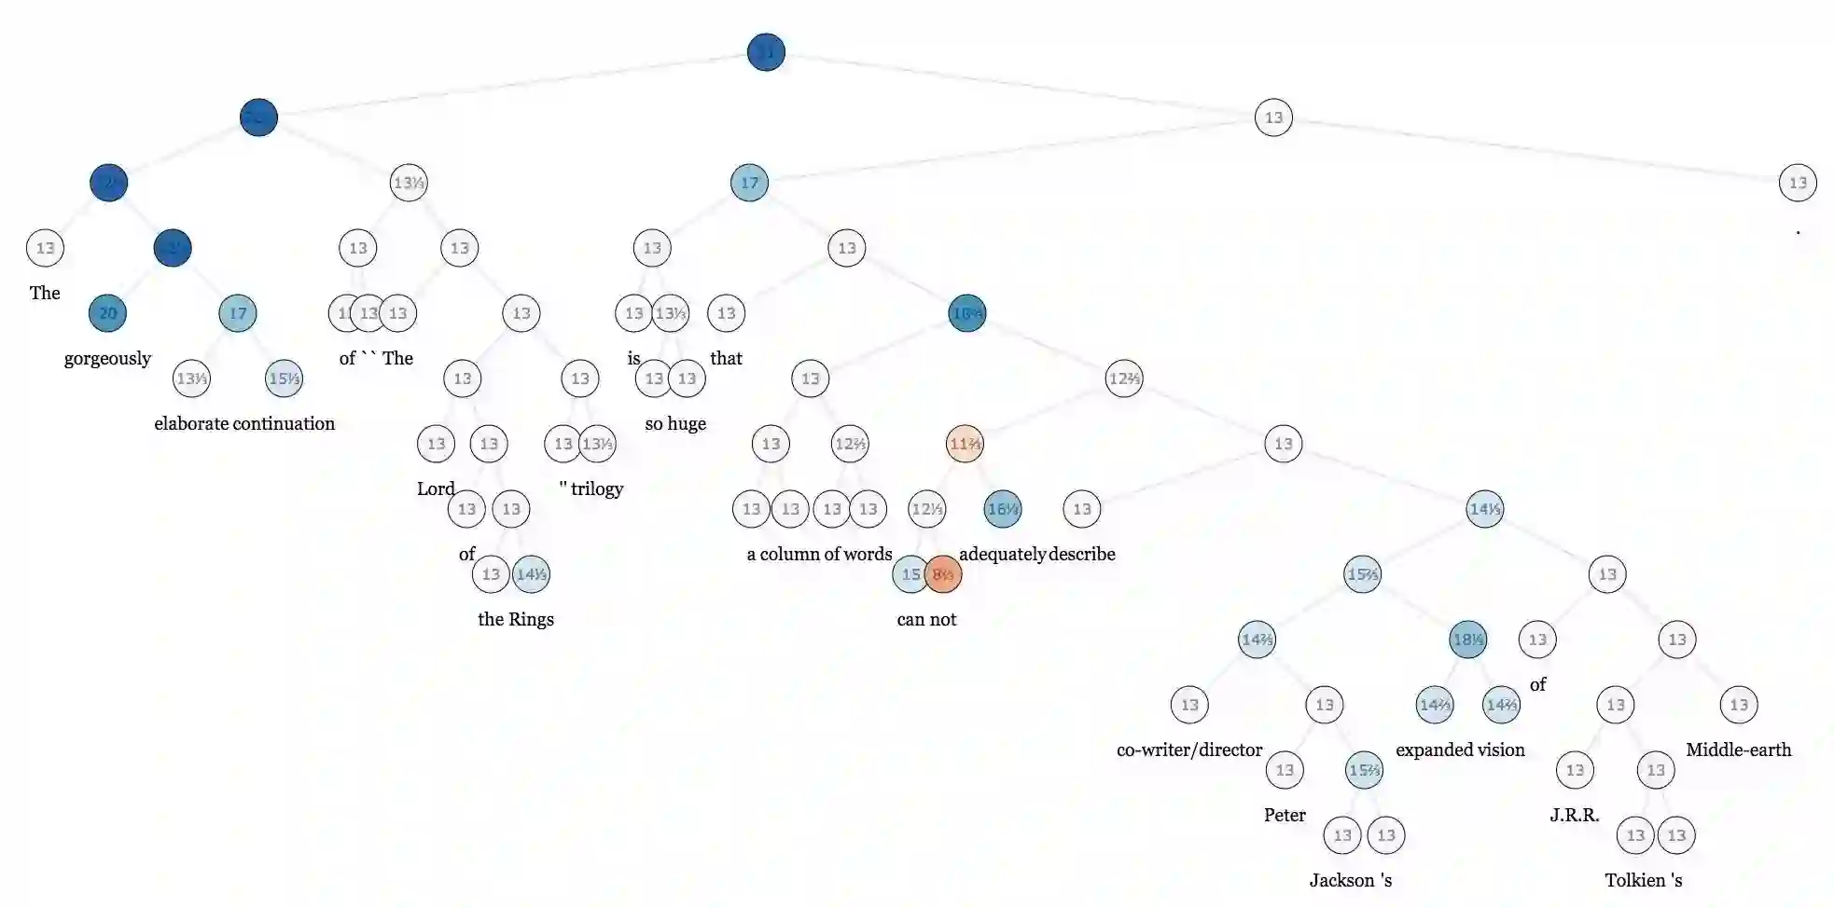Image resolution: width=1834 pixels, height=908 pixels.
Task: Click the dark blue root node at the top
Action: (x=766, y=52)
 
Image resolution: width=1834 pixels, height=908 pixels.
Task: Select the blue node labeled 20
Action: (x=108, y=313)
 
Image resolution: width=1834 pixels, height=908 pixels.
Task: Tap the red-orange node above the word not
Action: (x=943, y=574)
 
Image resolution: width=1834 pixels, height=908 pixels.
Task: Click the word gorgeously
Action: (x=107, y=359)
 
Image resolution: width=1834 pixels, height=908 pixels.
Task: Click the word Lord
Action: (x=436, y=488)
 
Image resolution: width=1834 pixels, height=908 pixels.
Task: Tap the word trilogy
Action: (x=597, y=489)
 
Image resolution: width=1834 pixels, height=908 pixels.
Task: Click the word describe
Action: (x=1082, y=555)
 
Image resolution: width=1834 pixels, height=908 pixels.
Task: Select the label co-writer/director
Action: (x=1189, y=750)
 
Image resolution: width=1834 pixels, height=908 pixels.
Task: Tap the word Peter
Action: (x=1285, y=816)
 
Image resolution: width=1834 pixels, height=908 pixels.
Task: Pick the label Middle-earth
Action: (x=1739, y=750)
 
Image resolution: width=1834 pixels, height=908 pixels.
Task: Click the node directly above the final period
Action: (x=1798, y=183)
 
